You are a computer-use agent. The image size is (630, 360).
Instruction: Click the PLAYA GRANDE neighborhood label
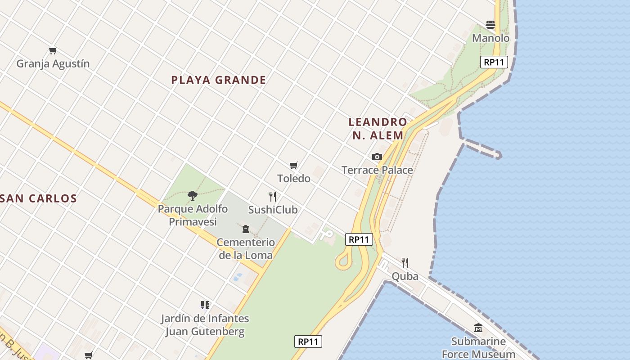(x=218, y=80)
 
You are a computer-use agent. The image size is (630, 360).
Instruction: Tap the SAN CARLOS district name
(x=39, y=198)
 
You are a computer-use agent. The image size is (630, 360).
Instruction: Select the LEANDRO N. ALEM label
(x=378, y=128)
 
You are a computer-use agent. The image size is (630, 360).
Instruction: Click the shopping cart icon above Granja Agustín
(x=53, y=50)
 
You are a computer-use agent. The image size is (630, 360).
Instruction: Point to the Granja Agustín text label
(x=53, y=64)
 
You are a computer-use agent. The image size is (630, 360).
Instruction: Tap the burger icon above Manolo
(x=490, y=25)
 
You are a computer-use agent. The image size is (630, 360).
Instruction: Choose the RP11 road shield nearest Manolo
(x=494, y=62)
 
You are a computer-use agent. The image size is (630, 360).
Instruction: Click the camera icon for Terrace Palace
(x=377, y=157)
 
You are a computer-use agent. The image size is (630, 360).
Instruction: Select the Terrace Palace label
(x=377, y=170)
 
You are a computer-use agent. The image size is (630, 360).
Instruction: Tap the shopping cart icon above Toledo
(x=294, y=165)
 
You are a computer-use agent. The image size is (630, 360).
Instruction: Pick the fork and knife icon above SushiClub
(x=272, y=196)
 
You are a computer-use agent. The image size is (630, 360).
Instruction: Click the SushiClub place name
(x=273, y=210)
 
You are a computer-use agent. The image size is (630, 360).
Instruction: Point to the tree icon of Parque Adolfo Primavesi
(x=193, y=195)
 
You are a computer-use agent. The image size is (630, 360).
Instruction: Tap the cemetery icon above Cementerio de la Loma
(x=246, y=229)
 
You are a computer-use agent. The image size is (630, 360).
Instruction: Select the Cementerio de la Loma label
(x=246, y=249)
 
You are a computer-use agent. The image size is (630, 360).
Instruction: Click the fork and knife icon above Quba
(x=405, y=262)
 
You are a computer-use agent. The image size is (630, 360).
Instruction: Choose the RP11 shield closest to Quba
(x=359, y=239)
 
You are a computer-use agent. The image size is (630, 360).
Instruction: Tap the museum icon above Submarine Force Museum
(x=478, y=328)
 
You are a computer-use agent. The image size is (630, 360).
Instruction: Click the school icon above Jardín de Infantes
(x=205, y=305)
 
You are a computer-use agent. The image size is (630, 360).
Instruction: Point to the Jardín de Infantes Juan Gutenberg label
(x=205, y=325)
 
